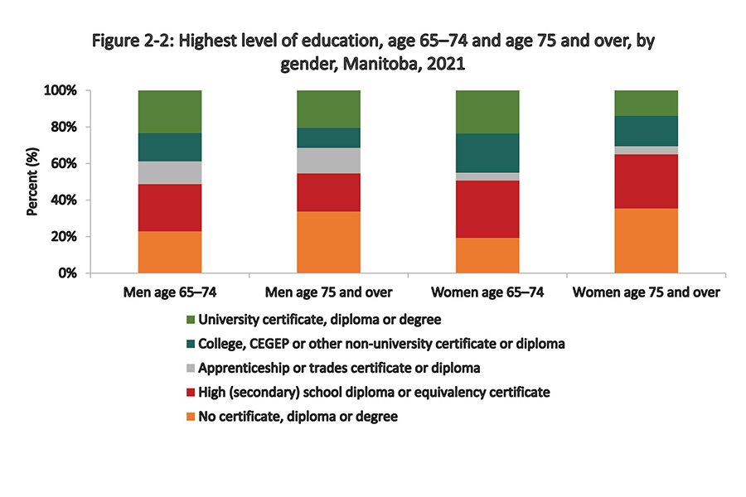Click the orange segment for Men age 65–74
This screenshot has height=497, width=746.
[170, 252]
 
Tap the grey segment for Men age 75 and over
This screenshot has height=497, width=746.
[328, 160]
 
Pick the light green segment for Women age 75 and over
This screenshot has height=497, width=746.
[646, 103]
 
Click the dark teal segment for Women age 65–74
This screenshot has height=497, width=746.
[487, 152]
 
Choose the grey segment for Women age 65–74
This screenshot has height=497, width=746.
[487, 176]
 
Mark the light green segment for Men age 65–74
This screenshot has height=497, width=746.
[170, 111]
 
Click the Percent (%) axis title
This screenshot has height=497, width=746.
[32, 181]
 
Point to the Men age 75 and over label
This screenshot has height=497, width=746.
[328, 292]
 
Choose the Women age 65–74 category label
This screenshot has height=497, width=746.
[487, 292]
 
